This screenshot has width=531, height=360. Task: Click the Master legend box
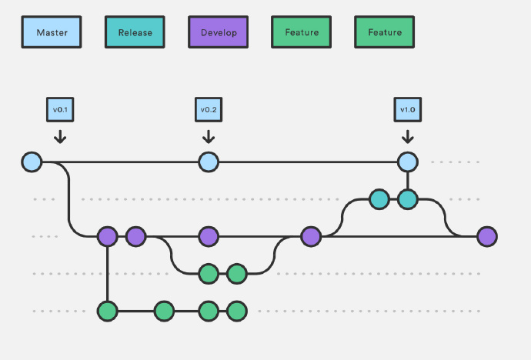coord(52,32)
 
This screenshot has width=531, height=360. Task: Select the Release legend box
coord(135,32)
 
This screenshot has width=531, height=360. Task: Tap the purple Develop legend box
coord(218,32)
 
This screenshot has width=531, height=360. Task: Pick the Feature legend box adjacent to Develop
coord(302,32)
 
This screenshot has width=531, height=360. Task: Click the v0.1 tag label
coord(60,110)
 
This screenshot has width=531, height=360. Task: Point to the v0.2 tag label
coord(209,110)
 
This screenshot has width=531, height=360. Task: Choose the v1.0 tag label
coord(408,110)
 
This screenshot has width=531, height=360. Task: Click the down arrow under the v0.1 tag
coord(60,137)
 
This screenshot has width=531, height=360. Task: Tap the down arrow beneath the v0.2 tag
coord(209,137)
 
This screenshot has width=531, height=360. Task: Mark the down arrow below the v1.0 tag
coord(408,137)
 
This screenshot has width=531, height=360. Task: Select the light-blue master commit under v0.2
coord(209,162)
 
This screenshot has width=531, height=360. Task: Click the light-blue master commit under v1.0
coord(408,162)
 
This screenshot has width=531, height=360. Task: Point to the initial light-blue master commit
coord(32,162)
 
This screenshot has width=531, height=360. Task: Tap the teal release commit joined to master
coord(408,199)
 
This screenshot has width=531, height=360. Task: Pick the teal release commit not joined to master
coord(379,199)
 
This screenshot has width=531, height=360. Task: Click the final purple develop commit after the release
coord(487,236)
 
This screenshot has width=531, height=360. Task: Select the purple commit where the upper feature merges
coord(311,236)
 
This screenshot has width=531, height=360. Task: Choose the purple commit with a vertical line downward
coord(108,236)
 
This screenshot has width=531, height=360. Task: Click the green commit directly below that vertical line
coord(108,311)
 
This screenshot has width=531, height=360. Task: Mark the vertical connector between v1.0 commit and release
coord(408,181)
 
